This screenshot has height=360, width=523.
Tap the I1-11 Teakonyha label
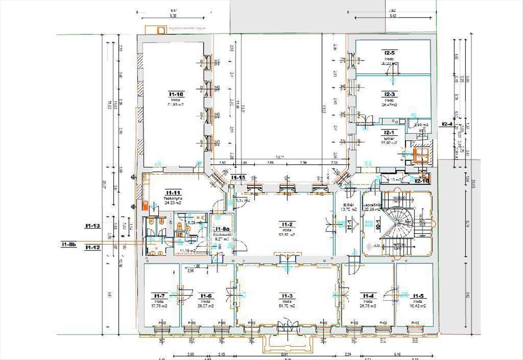pos(173,192)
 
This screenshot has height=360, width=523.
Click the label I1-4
pos(368,296)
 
